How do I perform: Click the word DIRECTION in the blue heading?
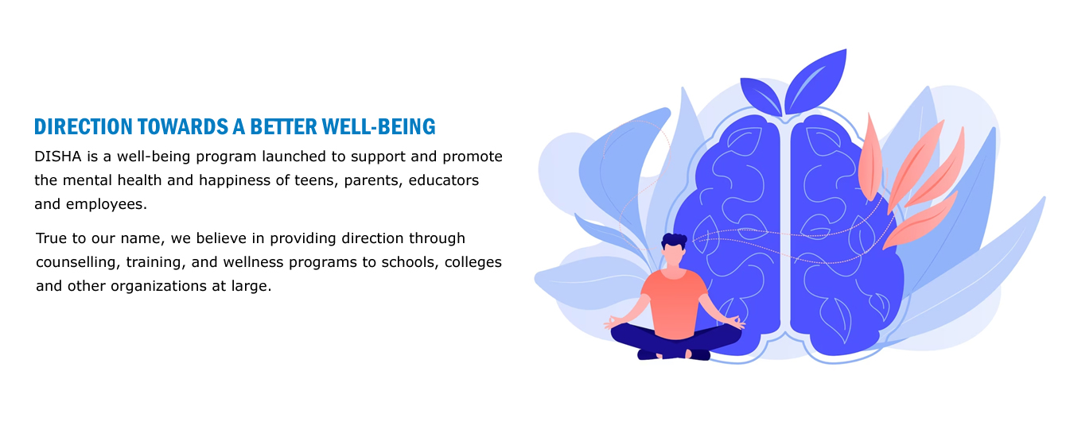[84, 127]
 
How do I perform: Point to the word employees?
[107, 204]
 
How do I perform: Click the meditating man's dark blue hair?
[674, 241]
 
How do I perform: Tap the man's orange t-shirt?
[675, 302]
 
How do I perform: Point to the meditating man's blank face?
[675, 255]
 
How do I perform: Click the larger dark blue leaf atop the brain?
[815, 81]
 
